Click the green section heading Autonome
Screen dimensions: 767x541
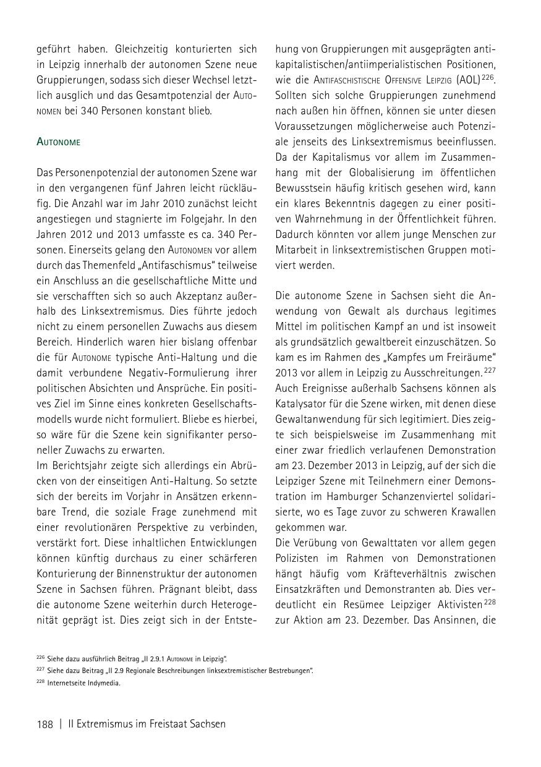coord(59,142)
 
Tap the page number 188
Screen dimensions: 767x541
coord(45,724)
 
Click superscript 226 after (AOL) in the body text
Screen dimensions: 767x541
coord(488,77)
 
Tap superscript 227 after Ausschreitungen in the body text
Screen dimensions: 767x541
coord(490,370)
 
